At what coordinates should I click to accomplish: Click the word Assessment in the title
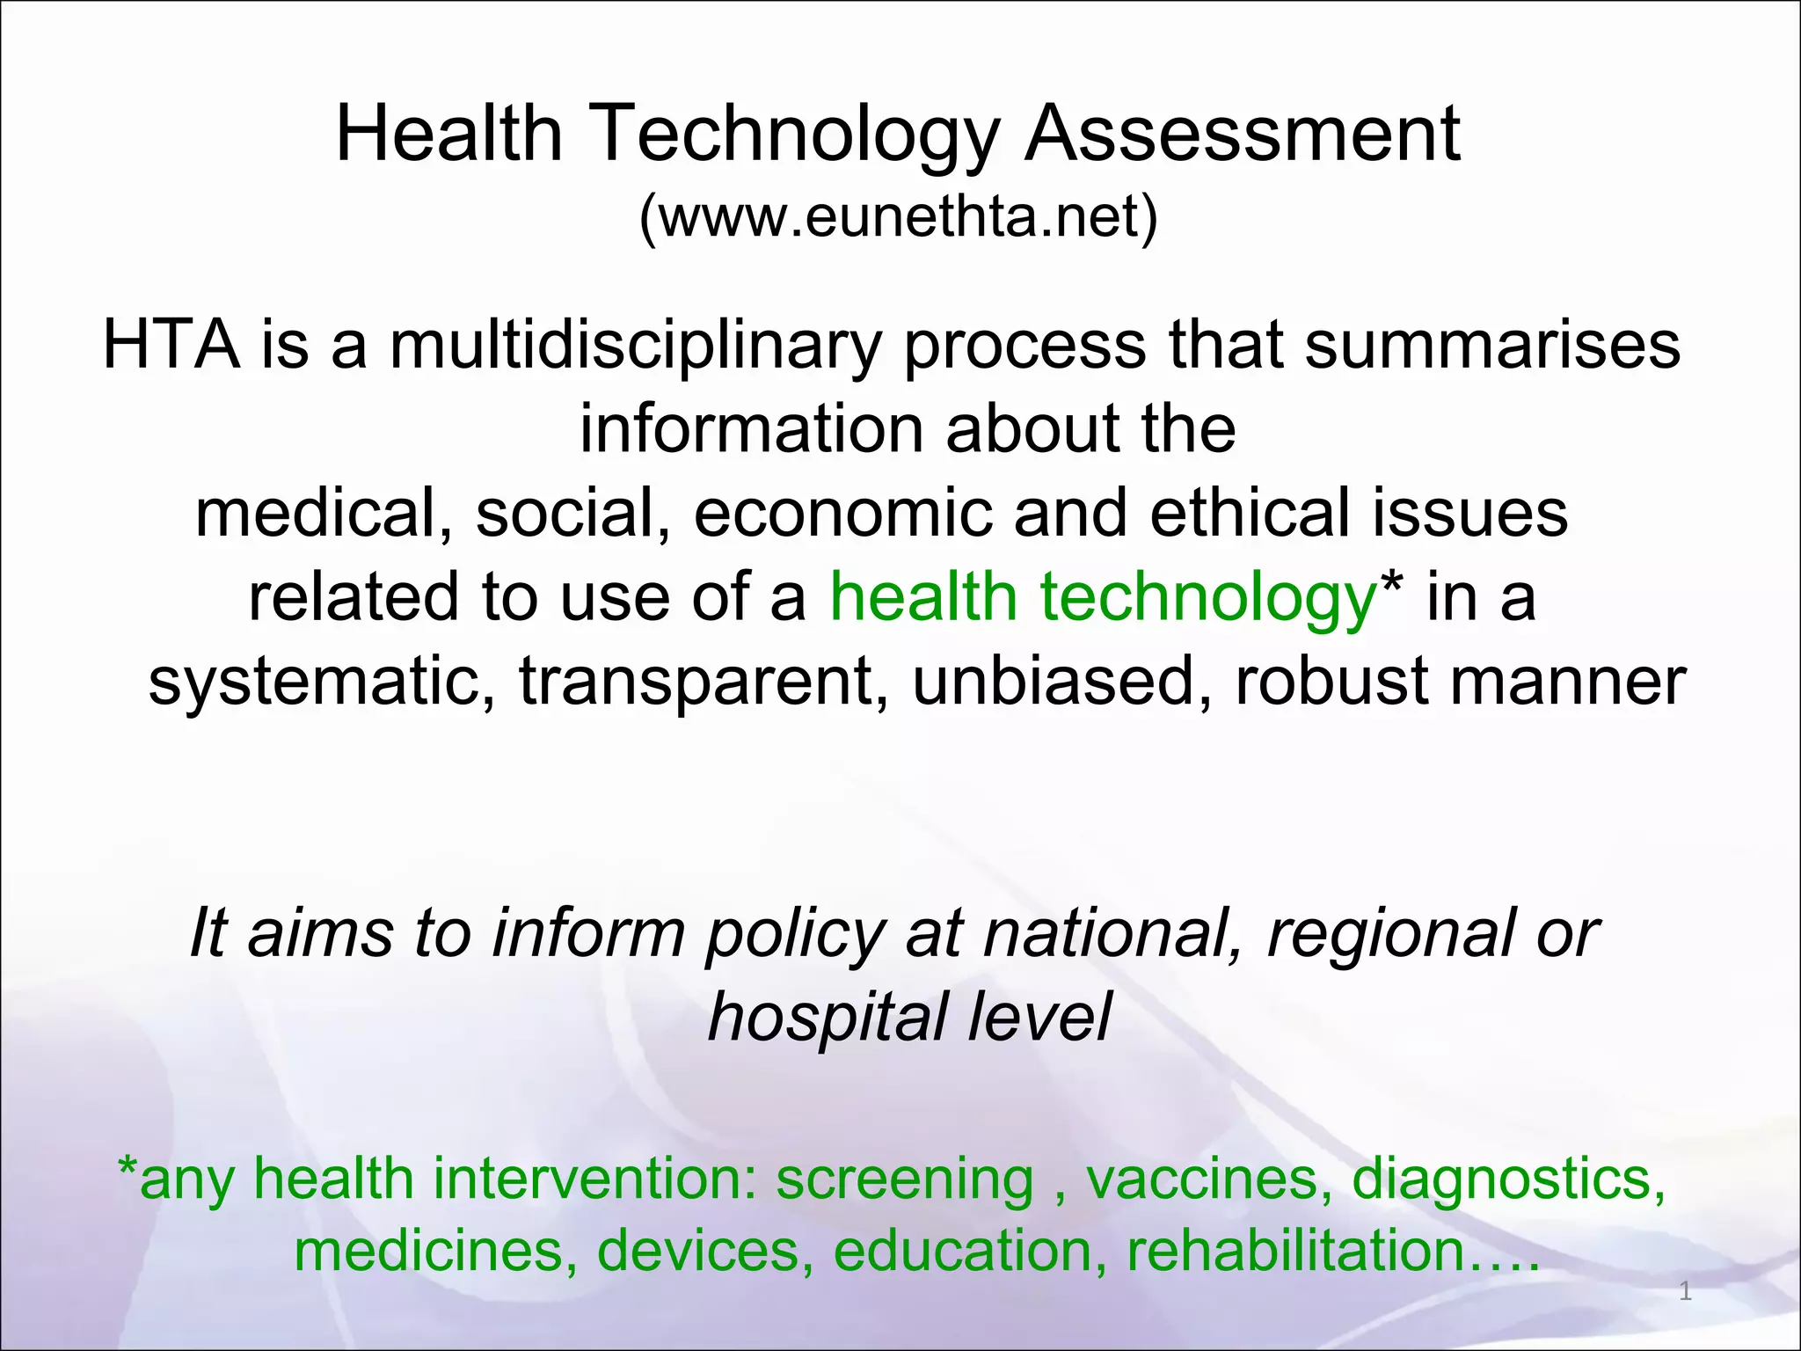1243,134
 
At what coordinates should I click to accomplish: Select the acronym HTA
171,344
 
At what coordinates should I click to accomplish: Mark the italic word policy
795,934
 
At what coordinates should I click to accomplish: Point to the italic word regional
1390,934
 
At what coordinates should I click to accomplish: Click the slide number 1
1685,1291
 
